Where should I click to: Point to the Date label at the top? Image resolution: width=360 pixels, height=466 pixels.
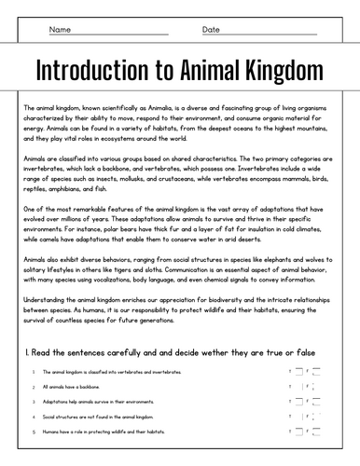[x=211, y=30]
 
